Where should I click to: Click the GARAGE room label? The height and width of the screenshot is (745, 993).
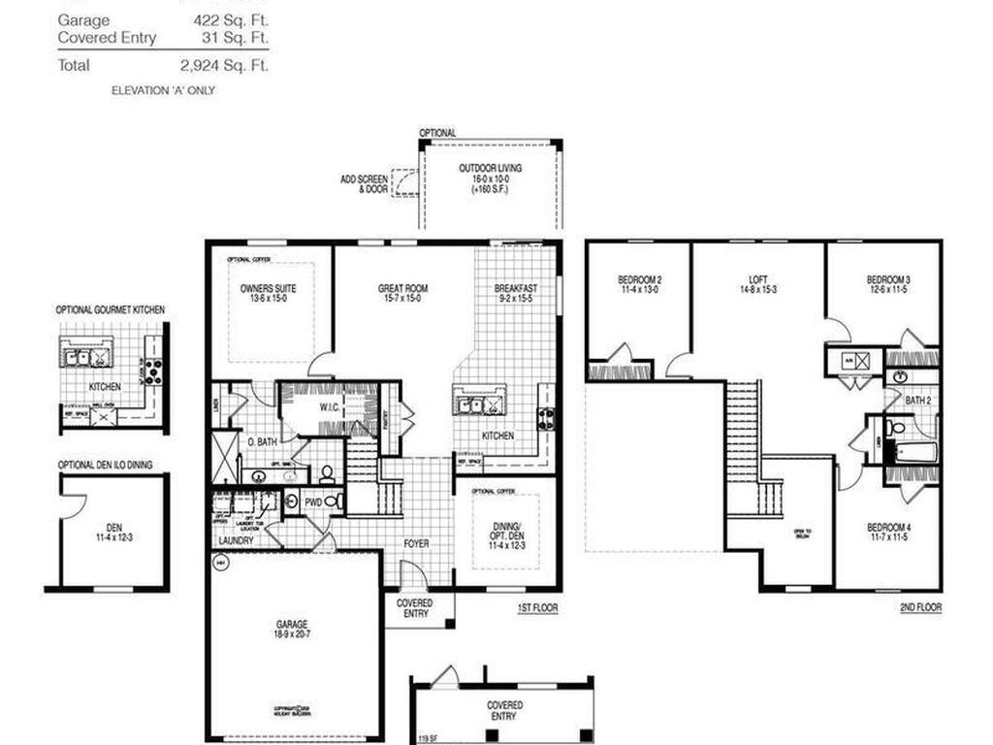[x=291, y=624]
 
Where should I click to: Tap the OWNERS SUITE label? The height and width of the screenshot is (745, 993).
[x=268, y=288]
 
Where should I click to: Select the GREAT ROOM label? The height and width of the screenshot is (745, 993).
[x=402, y=288]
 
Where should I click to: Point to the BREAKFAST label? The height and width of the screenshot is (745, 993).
[x=516, y=288]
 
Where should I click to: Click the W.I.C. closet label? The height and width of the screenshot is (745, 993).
[x=331, y=406]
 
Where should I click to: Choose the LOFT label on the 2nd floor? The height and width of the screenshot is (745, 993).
[x=757, y=280]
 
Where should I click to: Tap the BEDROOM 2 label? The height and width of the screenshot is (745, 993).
[x=640, y=280]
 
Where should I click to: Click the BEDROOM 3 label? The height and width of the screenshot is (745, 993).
[x=888, y=280]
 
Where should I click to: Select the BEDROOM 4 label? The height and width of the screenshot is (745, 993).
[x=888, y=529]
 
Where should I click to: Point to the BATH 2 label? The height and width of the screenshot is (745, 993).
[x=918, y=400]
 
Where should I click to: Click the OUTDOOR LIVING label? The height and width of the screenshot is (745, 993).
[x=490, y=168]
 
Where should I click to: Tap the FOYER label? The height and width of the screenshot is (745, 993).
[x=416, y=543]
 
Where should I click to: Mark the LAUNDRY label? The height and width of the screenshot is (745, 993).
[x=237, y=540]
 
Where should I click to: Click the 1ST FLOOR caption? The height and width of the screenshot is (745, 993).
[x=538, y=608]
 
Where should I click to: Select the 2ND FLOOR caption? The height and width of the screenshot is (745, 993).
[x=920, y=608]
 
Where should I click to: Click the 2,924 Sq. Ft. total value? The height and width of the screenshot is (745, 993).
[x=224, y=66]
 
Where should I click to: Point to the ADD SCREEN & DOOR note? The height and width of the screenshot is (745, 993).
[x=364, y=184]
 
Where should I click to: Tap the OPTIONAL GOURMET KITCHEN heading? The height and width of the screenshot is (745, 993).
[x=110, y=309]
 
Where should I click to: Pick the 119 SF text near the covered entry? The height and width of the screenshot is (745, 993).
[x=427, y=740]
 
